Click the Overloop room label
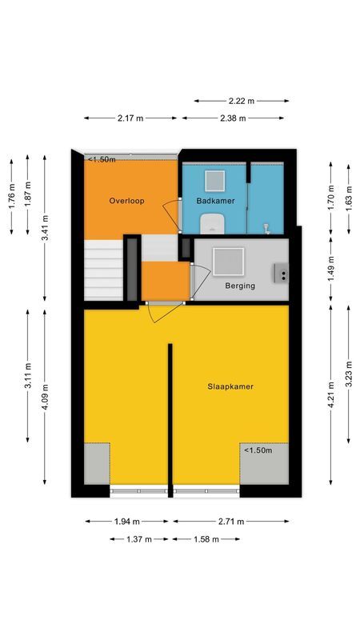127,202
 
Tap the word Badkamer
215,202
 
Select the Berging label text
240,285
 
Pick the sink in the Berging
281,274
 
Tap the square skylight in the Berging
229,261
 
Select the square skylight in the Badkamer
215,179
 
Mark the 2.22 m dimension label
241,101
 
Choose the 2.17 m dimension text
130,118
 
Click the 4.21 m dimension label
331,395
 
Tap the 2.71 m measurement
232,522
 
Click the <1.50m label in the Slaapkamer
258,450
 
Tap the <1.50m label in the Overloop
102,159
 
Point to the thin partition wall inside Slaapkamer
170,416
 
